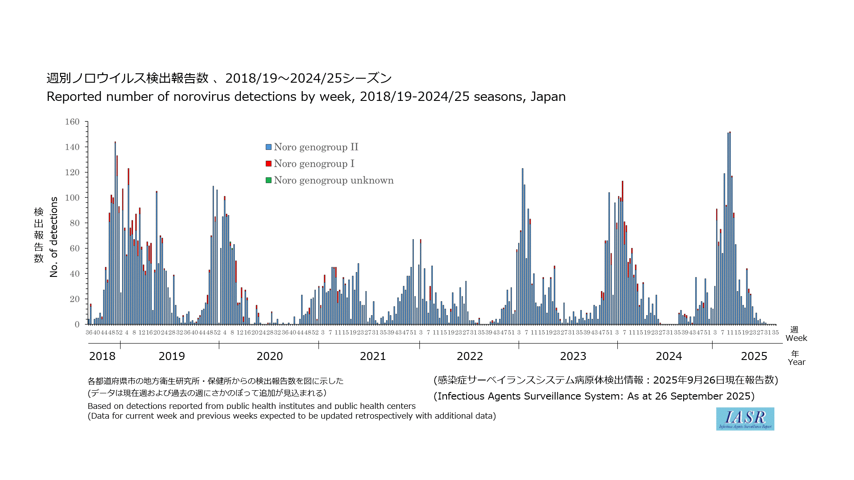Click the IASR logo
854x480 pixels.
click(745, 419)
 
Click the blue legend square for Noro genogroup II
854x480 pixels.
click(269, 147)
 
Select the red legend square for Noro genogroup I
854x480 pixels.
click(269, 164)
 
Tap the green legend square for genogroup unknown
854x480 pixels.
click(269, 180)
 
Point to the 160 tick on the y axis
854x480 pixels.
click(73, 122)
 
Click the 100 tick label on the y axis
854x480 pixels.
click(73, 198)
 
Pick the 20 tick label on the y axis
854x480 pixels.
click(74, 299)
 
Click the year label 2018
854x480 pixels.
click(102, 356)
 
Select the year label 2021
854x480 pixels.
click(373, 356)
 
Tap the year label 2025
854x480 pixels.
click(754, 356)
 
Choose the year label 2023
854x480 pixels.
click(573, 356)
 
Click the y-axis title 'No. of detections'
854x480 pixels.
click(54, 237)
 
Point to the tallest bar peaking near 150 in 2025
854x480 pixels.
click(730, 222)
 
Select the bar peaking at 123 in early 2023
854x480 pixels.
click(523, 244)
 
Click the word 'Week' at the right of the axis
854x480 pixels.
click(796, 338)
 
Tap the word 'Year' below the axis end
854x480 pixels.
click(796, 362)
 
